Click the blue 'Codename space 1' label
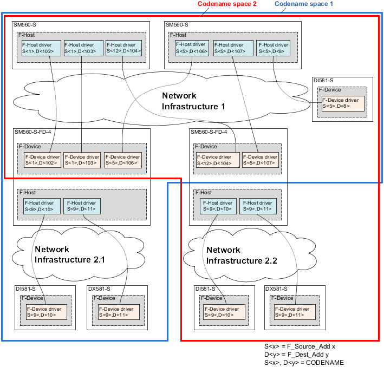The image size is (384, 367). pyautogui.click(x=303, y=4)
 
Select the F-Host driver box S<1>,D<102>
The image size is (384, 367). pyautogui.click(x=40, y=48)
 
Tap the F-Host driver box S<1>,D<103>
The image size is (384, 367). pyautogui.click(x=82, y=48)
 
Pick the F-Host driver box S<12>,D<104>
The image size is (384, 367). pyautogui.click(x=123, y=48)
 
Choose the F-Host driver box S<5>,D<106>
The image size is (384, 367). pyautogui.click(x=192, y=48)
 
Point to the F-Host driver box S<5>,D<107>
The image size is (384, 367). pyautogui.click(x=233, y=48)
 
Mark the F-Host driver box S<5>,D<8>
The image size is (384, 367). pyautogui.click(x=274, y=48)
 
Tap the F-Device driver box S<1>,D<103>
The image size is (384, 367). pyautogui.click(x=81, y=160)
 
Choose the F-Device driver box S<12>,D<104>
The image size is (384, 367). pyautogui.click(x=216, y=160)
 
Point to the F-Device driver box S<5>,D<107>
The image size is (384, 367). pyautogui.click(x=259, y=160)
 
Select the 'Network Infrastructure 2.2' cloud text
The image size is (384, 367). pyautogui.click(x=242, y=255)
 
